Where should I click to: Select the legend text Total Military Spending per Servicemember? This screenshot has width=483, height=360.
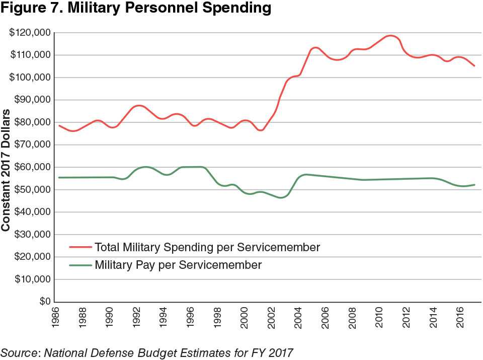[207, 247]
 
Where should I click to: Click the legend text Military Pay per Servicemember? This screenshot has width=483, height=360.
[178, 265]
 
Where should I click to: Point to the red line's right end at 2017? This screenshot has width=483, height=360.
[474, 65]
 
